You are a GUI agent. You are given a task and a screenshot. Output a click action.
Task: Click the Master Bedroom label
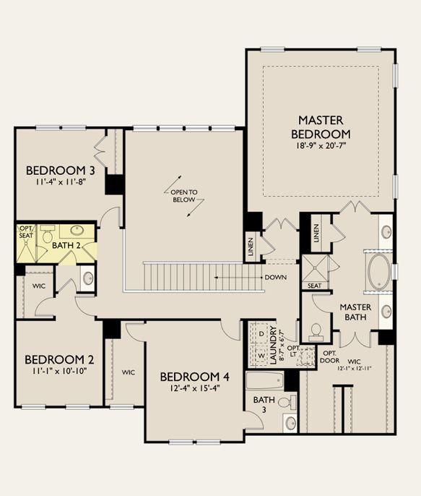[321, 127]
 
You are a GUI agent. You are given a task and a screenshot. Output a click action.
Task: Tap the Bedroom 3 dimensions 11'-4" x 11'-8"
[61, 182]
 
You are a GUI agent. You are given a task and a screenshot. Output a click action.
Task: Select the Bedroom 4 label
[194, 377]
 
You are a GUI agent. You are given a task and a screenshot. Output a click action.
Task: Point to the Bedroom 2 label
[59, 359]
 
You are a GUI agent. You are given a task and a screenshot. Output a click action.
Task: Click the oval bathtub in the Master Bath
[378, 272]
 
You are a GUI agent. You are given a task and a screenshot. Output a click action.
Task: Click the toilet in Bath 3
[288, 402]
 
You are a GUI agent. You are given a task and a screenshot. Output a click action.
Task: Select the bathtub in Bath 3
[265, 380]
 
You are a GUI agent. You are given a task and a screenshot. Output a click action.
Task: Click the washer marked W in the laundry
[261, 356]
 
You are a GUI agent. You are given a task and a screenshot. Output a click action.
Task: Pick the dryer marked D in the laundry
[261, 334]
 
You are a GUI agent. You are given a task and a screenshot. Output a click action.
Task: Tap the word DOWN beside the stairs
[276, 278]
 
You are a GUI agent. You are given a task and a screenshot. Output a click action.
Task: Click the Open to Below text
[184, 196]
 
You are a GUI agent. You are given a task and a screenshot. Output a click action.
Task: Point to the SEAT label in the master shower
[314, 286]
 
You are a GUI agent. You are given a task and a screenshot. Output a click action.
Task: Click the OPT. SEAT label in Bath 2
[26, 232]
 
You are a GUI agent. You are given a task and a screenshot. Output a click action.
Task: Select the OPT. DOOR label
[330, 356]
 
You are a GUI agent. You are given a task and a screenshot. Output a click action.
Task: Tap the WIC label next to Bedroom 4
[129, 372]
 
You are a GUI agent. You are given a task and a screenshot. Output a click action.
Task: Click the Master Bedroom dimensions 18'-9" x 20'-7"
[321, 146]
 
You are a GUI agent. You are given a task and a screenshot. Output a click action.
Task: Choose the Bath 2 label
[66, 246]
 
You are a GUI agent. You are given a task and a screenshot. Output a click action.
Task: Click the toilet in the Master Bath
[316, 333]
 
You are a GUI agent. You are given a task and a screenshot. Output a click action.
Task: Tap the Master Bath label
[355, 312]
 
